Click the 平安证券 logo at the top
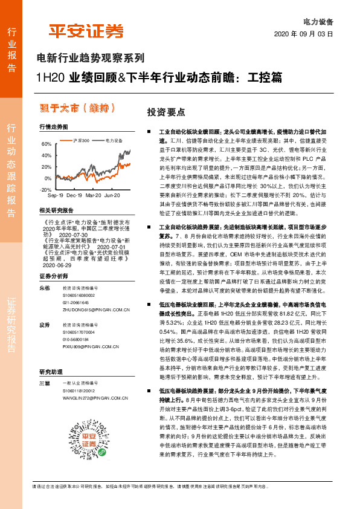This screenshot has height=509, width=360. click(86, 30)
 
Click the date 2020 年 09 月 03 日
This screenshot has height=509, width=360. click(303, 34)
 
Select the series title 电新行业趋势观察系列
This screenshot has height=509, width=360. click(91, 59)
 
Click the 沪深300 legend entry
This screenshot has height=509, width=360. click(80, 140)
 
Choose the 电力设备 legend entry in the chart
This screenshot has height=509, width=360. click(115, 140)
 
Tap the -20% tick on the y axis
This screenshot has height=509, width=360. click(46, 189)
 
